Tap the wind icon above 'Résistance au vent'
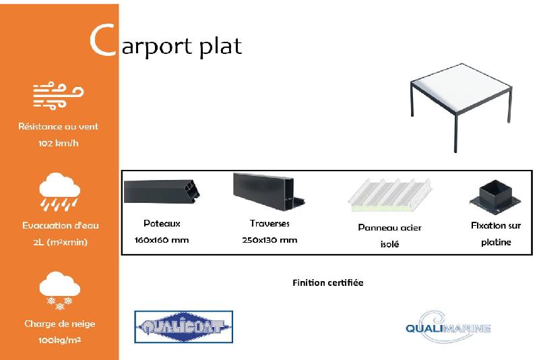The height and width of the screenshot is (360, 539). click(x=59, y=96)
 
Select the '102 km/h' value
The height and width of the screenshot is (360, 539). click(x=59, y=143)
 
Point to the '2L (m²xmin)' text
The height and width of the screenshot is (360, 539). click(x=60, y=242)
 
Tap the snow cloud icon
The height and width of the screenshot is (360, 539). click(x=59, y=290)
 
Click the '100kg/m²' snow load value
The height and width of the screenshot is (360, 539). click(x=60, y=340)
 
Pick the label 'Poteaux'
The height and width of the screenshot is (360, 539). click(x=162, y=223)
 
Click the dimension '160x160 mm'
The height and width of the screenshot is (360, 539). click(x=162, y=240)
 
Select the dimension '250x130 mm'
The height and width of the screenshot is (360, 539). click(x=269, y=240)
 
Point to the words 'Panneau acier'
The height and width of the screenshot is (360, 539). click(x=389, y=227)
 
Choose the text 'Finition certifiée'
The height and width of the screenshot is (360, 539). click(x=328, y=282)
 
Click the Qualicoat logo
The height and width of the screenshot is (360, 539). click(x=184, y=328)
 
